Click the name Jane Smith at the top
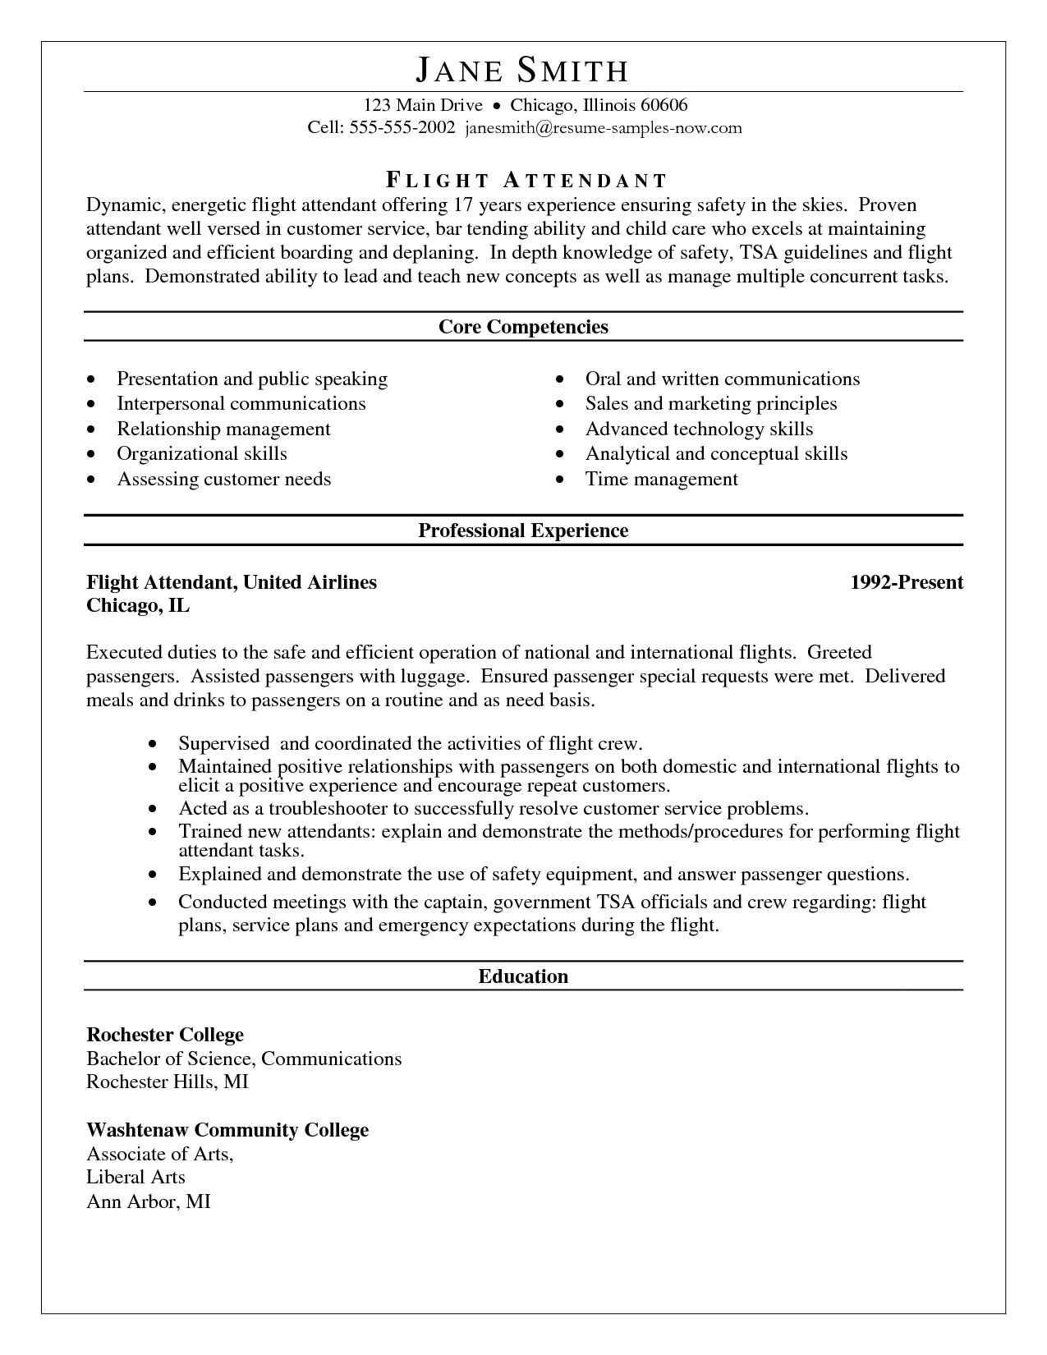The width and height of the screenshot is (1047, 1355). click(522, 71)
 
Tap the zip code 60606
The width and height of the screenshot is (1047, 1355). click(664, 105)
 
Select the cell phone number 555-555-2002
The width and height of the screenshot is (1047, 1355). click(402, 127)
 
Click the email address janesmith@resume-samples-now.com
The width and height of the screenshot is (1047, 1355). click(604, 127)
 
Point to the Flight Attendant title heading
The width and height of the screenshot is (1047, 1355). click(526, 181)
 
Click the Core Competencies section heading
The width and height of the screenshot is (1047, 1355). click(523, 327)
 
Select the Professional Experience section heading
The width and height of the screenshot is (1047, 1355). click(523, 531)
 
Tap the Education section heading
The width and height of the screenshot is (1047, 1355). click(523, 976)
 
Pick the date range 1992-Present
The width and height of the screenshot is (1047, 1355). click(907, 582)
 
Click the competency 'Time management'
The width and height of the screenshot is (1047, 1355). click(661, 479)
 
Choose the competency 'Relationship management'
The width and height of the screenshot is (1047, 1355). click(223, 429)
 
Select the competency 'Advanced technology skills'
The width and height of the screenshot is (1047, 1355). click(699, 429)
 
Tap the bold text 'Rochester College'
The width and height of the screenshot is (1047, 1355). click(165, 1035)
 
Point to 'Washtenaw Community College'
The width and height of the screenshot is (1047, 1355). click(227, 1130)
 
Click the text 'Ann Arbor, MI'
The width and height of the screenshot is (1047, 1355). click(149, 1201)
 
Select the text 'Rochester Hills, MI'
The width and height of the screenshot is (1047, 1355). click(168, 1082)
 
